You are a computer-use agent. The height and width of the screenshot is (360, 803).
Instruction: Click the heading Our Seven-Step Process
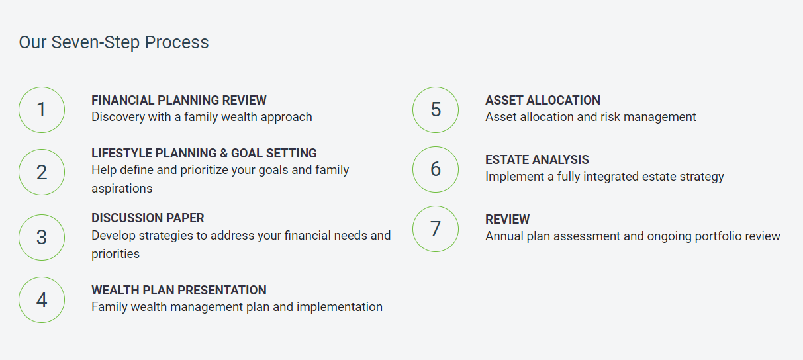click(x=114, y=42)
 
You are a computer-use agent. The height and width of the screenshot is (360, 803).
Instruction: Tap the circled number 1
click(x=42, y=110)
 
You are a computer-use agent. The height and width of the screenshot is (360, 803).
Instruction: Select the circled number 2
click(x=42, y=172)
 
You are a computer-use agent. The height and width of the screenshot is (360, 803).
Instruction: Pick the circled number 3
click(x=42, y=238)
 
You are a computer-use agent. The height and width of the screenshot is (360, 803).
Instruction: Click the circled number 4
click(x=42, y=300)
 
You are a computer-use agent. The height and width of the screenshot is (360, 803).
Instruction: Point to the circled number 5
click(x=436, y=110)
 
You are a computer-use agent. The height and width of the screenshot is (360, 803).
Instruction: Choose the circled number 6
click(x=436, y=169)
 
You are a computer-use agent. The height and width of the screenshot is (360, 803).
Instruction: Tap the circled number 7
click(x=436, y=229)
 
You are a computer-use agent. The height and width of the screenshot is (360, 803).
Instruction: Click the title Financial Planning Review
click(x=179, y=101)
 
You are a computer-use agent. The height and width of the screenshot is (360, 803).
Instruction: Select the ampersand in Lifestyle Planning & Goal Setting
click(x=224, y=154)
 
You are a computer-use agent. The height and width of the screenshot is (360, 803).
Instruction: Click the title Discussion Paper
click(x=148, y=218)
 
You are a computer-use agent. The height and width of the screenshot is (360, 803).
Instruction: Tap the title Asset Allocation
click(x=543, y=101)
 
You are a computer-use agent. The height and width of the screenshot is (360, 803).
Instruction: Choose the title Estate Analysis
click(x=537, y=159)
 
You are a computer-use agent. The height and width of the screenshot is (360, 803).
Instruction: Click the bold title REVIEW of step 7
click(x=507, y=219)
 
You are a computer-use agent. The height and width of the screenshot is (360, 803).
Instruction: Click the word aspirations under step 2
click(x=122, y=189)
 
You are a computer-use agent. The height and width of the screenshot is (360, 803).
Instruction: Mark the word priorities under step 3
click(x=115, y=254)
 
